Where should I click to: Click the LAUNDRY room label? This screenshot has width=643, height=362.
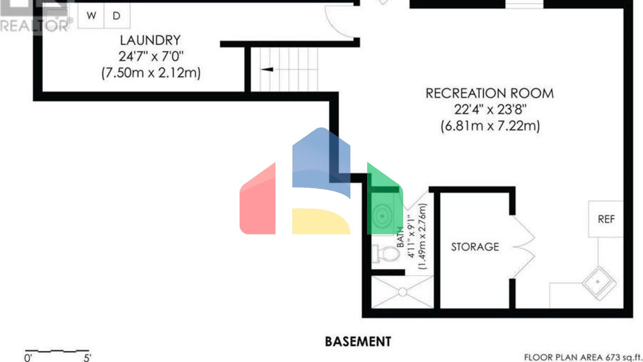pyautogui.click(x=150, y=40)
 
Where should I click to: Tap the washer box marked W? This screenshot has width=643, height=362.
pyautogui.click(x=91, y=16)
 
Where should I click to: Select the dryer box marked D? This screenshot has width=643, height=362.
pyautogui.click(x=116, y=16)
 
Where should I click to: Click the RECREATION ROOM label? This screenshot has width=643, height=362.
pyautogui.click(x=489, y=93)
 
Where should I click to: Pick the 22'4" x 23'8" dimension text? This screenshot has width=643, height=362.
pyautogui.click(x=490, y=109)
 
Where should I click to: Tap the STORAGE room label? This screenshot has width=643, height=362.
pyautogui.click(x=475, y=247)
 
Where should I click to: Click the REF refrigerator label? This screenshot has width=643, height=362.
pyautogui.click(x=606, y=219)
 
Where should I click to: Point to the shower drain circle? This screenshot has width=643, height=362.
pyautogui.click(x=402, y=292)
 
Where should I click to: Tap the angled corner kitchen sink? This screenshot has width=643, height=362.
pyautogui.click(x=599, y=283)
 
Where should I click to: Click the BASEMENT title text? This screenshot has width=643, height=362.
pyautogui.click(x=358, y=341)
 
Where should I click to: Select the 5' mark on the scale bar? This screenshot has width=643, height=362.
pyautogui.click(x=87, y=357)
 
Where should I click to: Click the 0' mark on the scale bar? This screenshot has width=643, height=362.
pyautogui.click(x=28, y=357)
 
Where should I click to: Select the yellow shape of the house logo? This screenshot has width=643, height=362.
pyautogui.click(x=320, y=221)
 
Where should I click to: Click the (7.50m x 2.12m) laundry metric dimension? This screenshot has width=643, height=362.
pyautogui.click(x=151, y=72)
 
